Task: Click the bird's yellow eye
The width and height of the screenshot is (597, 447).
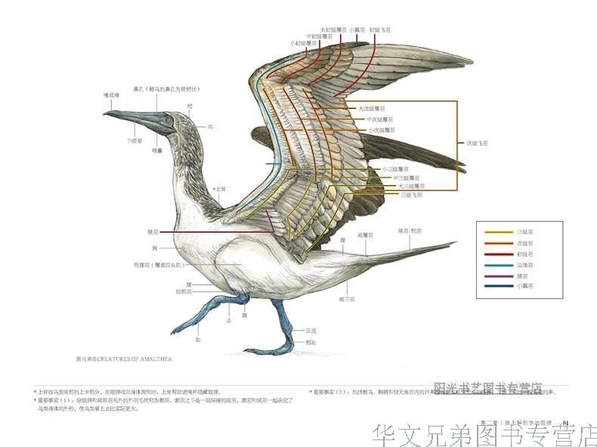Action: pyautogui.click(x=168, y=120)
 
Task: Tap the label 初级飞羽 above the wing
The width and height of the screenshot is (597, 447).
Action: pyautogui.click(x=380, y=29)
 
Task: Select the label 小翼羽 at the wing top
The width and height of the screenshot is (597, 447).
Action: pyautogui.click(x=357, y=29)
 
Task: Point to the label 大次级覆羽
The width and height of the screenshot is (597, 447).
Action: pyautogui.click(x=376, y=109)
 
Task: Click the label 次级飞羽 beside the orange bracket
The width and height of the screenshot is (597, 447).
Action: pyautogui.click(x=476, y=142)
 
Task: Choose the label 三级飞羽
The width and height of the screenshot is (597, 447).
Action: pyautogui.click(x=411, y=194)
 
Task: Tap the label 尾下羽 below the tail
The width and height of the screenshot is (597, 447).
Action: pyautogui.click(x=346, y=298)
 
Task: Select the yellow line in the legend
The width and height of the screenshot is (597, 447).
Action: pyautogui.click(x=498, y=233)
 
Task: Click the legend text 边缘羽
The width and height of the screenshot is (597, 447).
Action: pyautogui.click(x=525, y=265)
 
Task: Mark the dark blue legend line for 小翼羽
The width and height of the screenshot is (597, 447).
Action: pyautogui.click(x=498, y=286)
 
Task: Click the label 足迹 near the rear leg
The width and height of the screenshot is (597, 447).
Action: pyautogui.click(x=311, y=330)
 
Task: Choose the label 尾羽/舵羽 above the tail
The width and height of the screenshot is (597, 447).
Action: pyautogui.click(x=409, y=230)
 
